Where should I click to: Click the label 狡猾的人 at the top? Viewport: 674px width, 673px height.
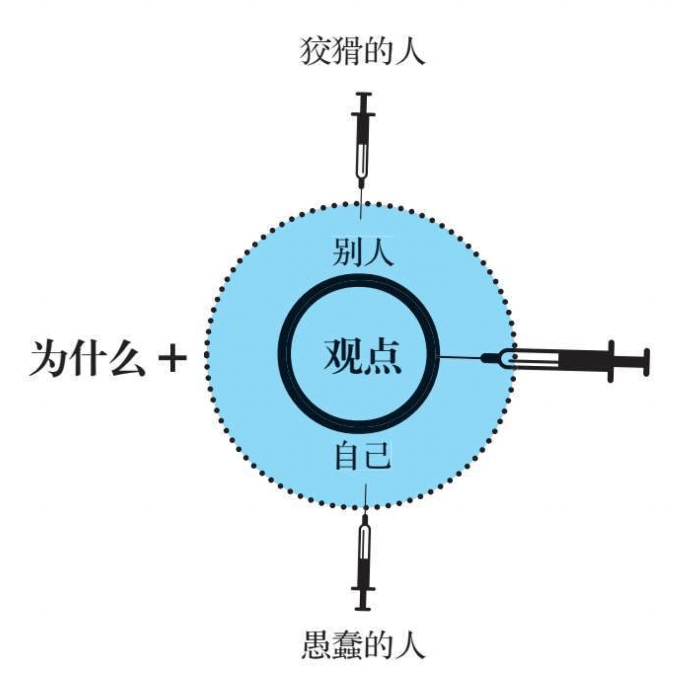tap(362, 51)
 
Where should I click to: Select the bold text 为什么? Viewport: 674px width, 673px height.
tap(87, 358)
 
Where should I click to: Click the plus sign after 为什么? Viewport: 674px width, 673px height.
tap(172, 358)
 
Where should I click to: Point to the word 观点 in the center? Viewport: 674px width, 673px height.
tap(362, 356)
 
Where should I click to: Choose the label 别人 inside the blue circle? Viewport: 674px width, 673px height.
tap(363, 252)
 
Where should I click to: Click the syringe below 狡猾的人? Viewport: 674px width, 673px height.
tap(363, 139)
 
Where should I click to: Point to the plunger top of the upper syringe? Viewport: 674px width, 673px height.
tap(363, 96)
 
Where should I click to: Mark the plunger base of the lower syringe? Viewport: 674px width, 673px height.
tap(363, 607)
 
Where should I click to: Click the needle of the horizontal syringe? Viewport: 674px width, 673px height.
tap(460, 357)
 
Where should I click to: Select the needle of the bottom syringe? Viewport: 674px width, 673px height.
tap(366, 499)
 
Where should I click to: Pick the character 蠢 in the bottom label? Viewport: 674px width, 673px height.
tap(347, 644)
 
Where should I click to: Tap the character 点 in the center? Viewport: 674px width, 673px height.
tap(382, 356)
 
